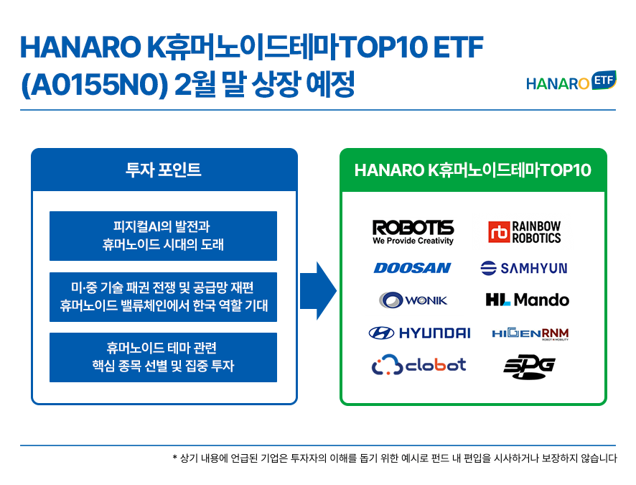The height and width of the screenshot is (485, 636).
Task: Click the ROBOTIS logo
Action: point(413,232)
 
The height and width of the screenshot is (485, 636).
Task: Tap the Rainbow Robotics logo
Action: point(525,232)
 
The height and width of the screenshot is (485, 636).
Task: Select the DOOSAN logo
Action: point(412,268)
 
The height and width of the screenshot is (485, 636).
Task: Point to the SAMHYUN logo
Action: point(524,268)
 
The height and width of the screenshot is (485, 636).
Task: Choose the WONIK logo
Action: point(413,300)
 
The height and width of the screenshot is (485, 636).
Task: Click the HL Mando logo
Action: point(527,300)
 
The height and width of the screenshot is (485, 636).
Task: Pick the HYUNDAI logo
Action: point(419,333)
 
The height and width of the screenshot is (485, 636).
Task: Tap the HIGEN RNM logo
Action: point(530,333)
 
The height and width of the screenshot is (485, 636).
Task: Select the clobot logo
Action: point(418,365)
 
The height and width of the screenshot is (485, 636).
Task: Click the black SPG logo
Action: point(529,367)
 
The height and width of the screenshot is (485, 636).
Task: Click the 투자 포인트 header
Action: point(164,170)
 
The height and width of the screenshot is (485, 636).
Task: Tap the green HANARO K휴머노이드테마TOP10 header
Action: point(473,170)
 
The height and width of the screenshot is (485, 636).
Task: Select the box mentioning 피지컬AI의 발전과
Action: point(163,236)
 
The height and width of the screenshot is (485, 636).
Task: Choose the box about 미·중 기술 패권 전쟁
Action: point(163,297)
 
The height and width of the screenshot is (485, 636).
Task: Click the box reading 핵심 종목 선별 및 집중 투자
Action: point(163,357)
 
